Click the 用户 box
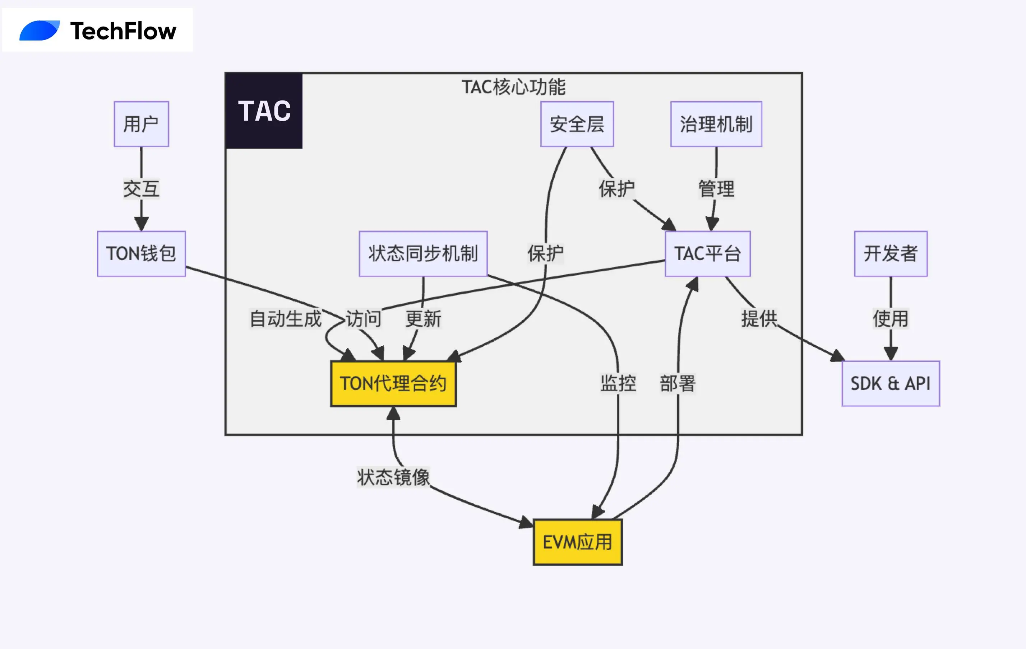[x=141, y=124]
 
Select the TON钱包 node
[x=141, y=253]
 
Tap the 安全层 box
[x=577, y=124]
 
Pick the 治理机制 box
[x=716, y=124]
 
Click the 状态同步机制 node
[x=423, y=253]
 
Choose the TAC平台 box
[x=707, y=253]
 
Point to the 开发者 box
[x=891, y=253]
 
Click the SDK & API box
[x=891, y=383]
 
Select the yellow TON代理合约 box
[x=393, y=383]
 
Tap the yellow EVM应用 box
[x=577, y=542]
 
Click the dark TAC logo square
[x=264, y=111]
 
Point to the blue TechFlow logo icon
[x=39, y=31]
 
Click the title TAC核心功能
[x=513, y=87]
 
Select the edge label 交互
[x=141, y=189]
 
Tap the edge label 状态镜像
[x=393, y=477]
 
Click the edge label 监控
[x=618, y=383]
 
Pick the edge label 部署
[x=678, y=383]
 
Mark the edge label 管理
[x=716, y=189]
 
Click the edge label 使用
[x=891, y=318]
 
